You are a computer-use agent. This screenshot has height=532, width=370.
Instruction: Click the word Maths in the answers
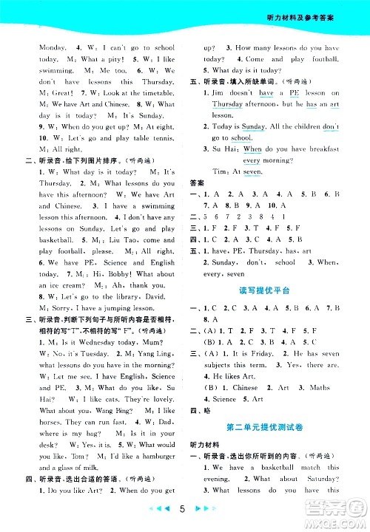(320, 387)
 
